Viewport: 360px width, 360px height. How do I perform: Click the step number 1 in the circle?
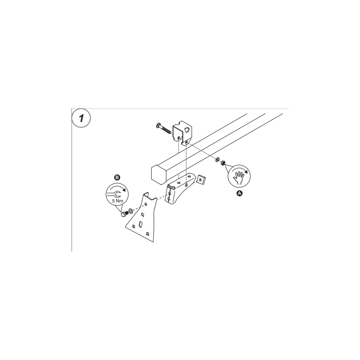point(81,118)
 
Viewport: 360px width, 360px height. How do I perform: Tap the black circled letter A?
point(239,193)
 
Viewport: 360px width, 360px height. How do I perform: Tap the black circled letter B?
point(117,177)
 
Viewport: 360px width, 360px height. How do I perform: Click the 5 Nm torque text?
point(117,201)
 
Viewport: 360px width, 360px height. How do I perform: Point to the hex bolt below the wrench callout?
point(125,214)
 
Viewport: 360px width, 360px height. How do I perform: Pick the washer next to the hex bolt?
point(130,210)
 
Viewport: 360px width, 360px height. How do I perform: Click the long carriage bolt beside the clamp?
point(163,129)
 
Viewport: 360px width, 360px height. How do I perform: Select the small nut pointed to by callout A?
point(223,163)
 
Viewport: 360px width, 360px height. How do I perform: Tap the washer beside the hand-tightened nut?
point(217,160)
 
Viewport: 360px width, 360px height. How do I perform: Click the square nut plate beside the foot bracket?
point(201,179)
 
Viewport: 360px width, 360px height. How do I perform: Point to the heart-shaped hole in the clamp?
point(187,130)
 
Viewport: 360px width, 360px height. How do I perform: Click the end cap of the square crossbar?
point(159,174)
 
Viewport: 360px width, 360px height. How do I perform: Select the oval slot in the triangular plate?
point(141,224)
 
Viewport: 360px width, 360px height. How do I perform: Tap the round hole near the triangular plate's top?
point(145,204)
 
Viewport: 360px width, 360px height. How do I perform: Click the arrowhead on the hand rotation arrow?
point(247,172)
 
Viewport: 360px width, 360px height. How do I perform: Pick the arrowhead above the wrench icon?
point(124,189)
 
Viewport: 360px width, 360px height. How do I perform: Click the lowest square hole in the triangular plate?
point(148,234)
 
